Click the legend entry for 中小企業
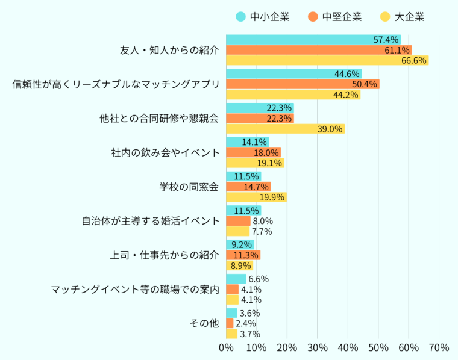point(263,17)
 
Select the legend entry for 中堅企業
point(334,17)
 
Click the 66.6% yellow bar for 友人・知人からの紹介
point(327,60)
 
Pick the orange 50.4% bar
point(303,84)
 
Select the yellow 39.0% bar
point(285,129)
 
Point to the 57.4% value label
point(386,40)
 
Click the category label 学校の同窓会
point(189,186)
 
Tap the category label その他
point(204,323)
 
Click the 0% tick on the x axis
point(226,347)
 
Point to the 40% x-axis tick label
point(348,347)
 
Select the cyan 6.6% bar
point(236,279)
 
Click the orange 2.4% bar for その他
point(230,323)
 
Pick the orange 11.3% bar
point(243,255)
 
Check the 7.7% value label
point(262,232)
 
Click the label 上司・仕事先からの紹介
point(165,255)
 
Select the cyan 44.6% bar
point(293,73)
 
